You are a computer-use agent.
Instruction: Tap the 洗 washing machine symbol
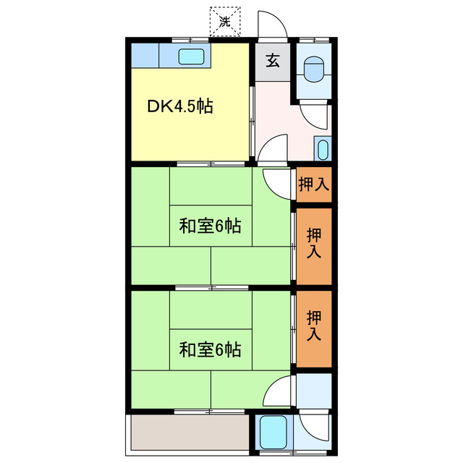[x=224, y=22]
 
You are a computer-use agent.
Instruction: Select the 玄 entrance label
[x=272, y=61]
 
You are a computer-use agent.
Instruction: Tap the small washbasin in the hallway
[x=323, y=150]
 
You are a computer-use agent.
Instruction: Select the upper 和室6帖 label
[x=210, y=226]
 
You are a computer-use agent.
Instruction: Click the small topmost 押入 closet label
[x=314, y=184]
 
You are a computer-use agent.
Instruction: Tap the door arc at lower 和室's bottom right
[x=278, y=394]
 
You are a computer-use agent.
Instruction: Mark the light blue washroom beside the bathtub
[x=314, y=390]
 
